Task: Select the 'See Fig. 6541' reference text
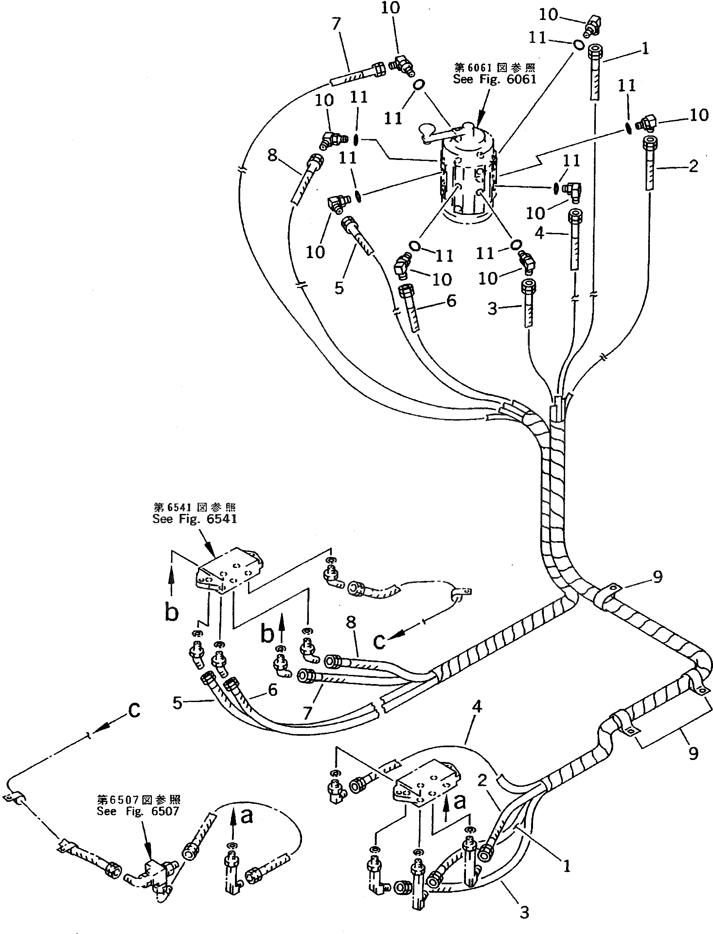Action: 195,519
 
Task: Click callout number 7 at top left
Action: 336,24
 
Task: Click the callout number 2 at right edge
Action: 693,166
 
